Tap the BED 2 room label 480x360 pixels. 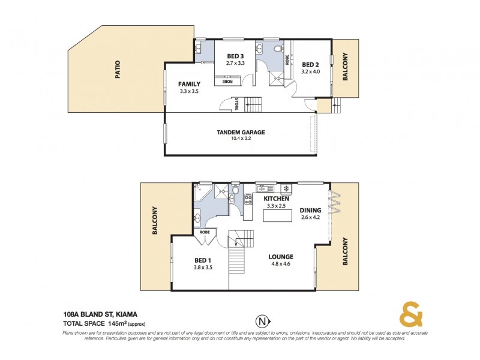tap(310, 65)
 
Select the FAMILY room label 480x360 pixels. tap(189, 84)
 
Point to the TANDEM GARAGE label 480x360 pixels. tap(241, 133)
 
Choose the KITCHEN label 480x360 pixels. tap(277, 199)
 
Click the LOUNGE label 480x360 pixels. tap(281, 256)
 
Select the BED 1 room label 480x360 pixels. tap(202, 260)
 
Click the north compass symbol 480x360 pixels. tap(261, 319)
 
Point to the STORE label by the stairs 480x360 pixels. tap(236, 104)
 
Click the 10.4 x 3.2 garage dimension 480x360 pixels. tap(241, 139)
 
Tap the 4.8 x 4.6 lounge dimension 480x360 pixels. tap(281, 263)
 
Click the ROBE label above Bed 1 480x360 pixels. tap(204, 231)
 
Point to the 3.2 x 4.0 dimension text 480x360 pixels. tap(310, 72)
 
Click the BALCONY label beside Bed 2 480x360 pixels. tap(345, 68)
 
